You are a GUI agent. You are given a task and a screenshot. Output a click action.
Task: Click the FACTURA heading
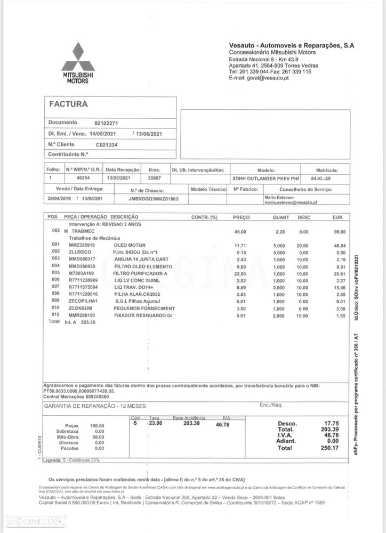point(68,104)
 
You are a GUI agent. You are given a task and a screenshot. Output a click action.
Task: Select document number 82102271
point(106,123)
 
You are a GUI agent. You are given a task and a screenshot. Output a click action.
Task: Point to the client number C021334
point(107,144)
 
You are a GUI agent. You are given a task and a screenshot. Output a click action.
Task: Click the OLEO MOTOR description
point(129,245)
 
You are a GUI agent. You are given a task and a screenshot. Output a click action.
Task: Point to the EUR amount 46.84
point(340,245)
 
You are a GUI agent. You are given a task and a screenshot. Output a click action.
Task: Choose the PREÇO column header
point(241,217)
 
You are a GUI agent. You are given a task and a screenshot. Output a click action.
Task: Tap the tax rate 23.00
point(155,423)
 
